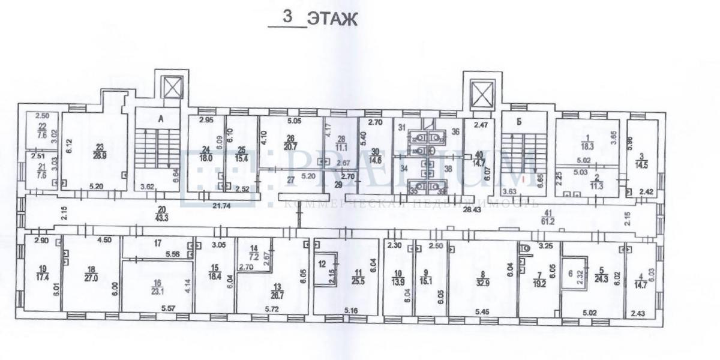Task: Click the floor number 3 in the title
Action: click(289, 17)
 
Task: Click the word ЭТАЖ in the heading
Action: click(332, 20)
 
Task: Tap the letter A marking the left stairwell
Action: click(160, 119)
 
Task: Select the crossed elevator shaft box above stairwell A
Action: click(172, 89)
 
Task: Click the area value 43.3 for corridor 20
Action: click(160, 214)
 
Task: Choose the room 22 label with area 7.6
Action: click(41, 131)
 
